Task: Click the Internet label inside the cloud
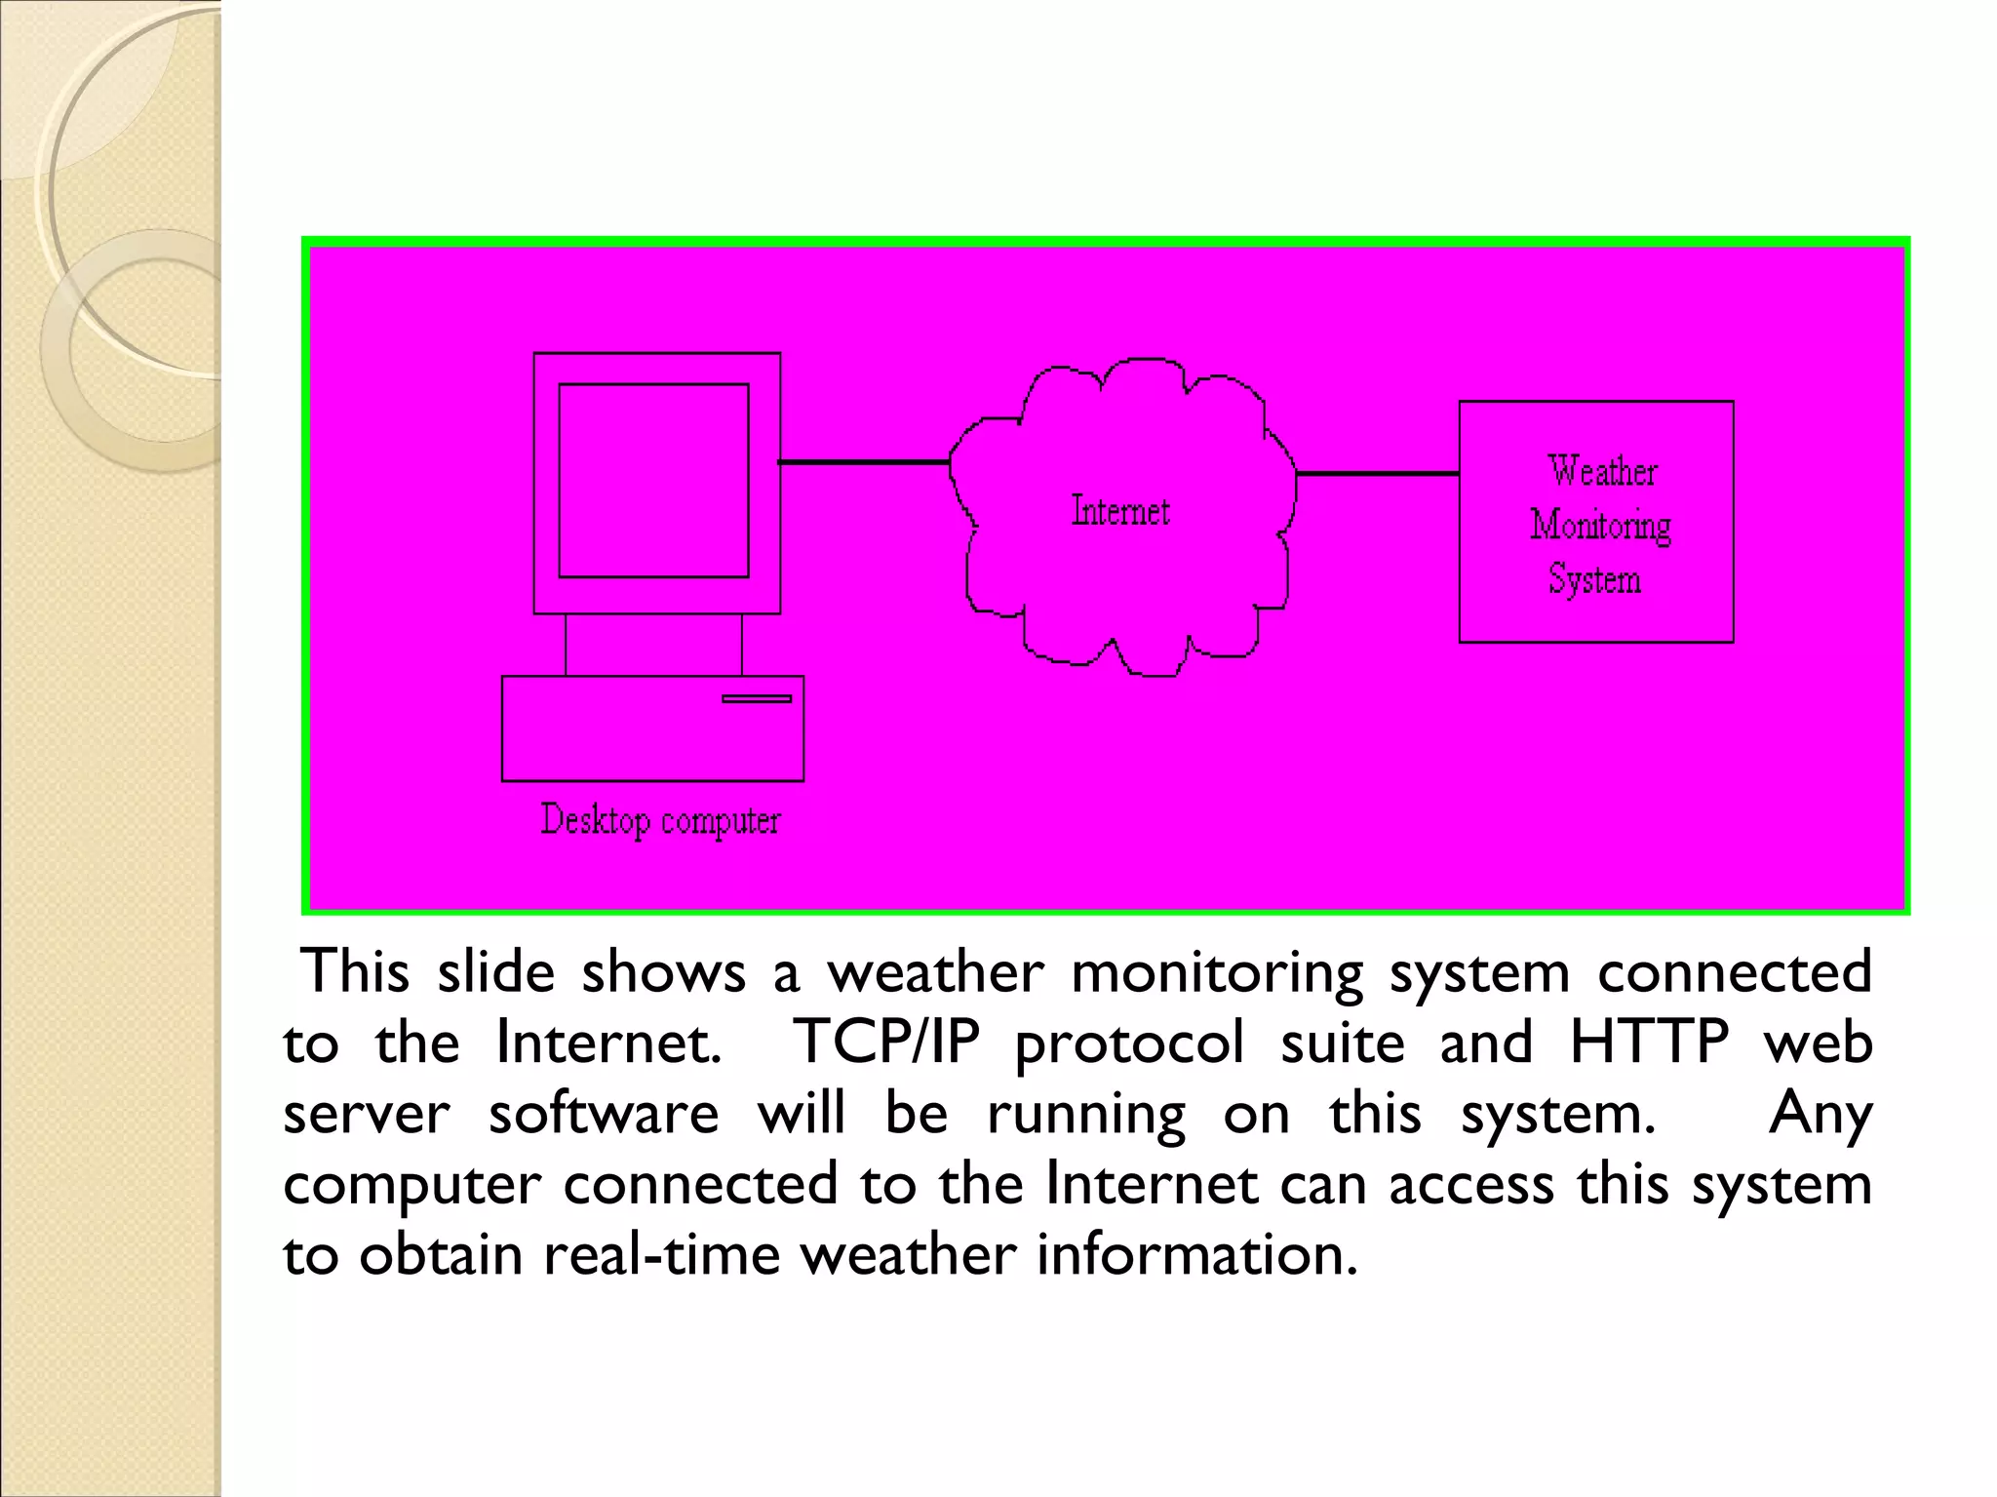(1120, 511)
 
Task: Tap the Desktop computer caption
(660, 820)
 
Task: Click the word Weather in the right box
(1602, 471)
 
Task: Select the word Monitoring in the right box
(1600, 526)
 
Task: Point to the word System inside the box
(1594, 579)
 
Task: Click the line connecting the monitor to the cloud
(864, 461)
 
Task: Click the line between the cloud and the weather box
(1377, 474)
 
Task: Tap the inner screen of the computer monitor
(653, 481)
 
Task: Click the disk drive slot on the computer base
(757, 698)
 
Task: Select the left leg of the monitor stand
(566, 645)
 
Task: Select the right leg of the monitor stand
(742, 645)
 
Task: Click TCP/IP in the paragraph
(886, 1043)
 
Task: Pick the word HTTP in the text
(1649, 1043)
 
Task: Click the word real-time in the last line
(662, 1254)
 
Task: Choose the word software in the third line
(604, 1114)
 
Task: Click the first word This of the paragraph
(355, 972)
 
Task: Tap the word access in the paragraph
(1470, 1185)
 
